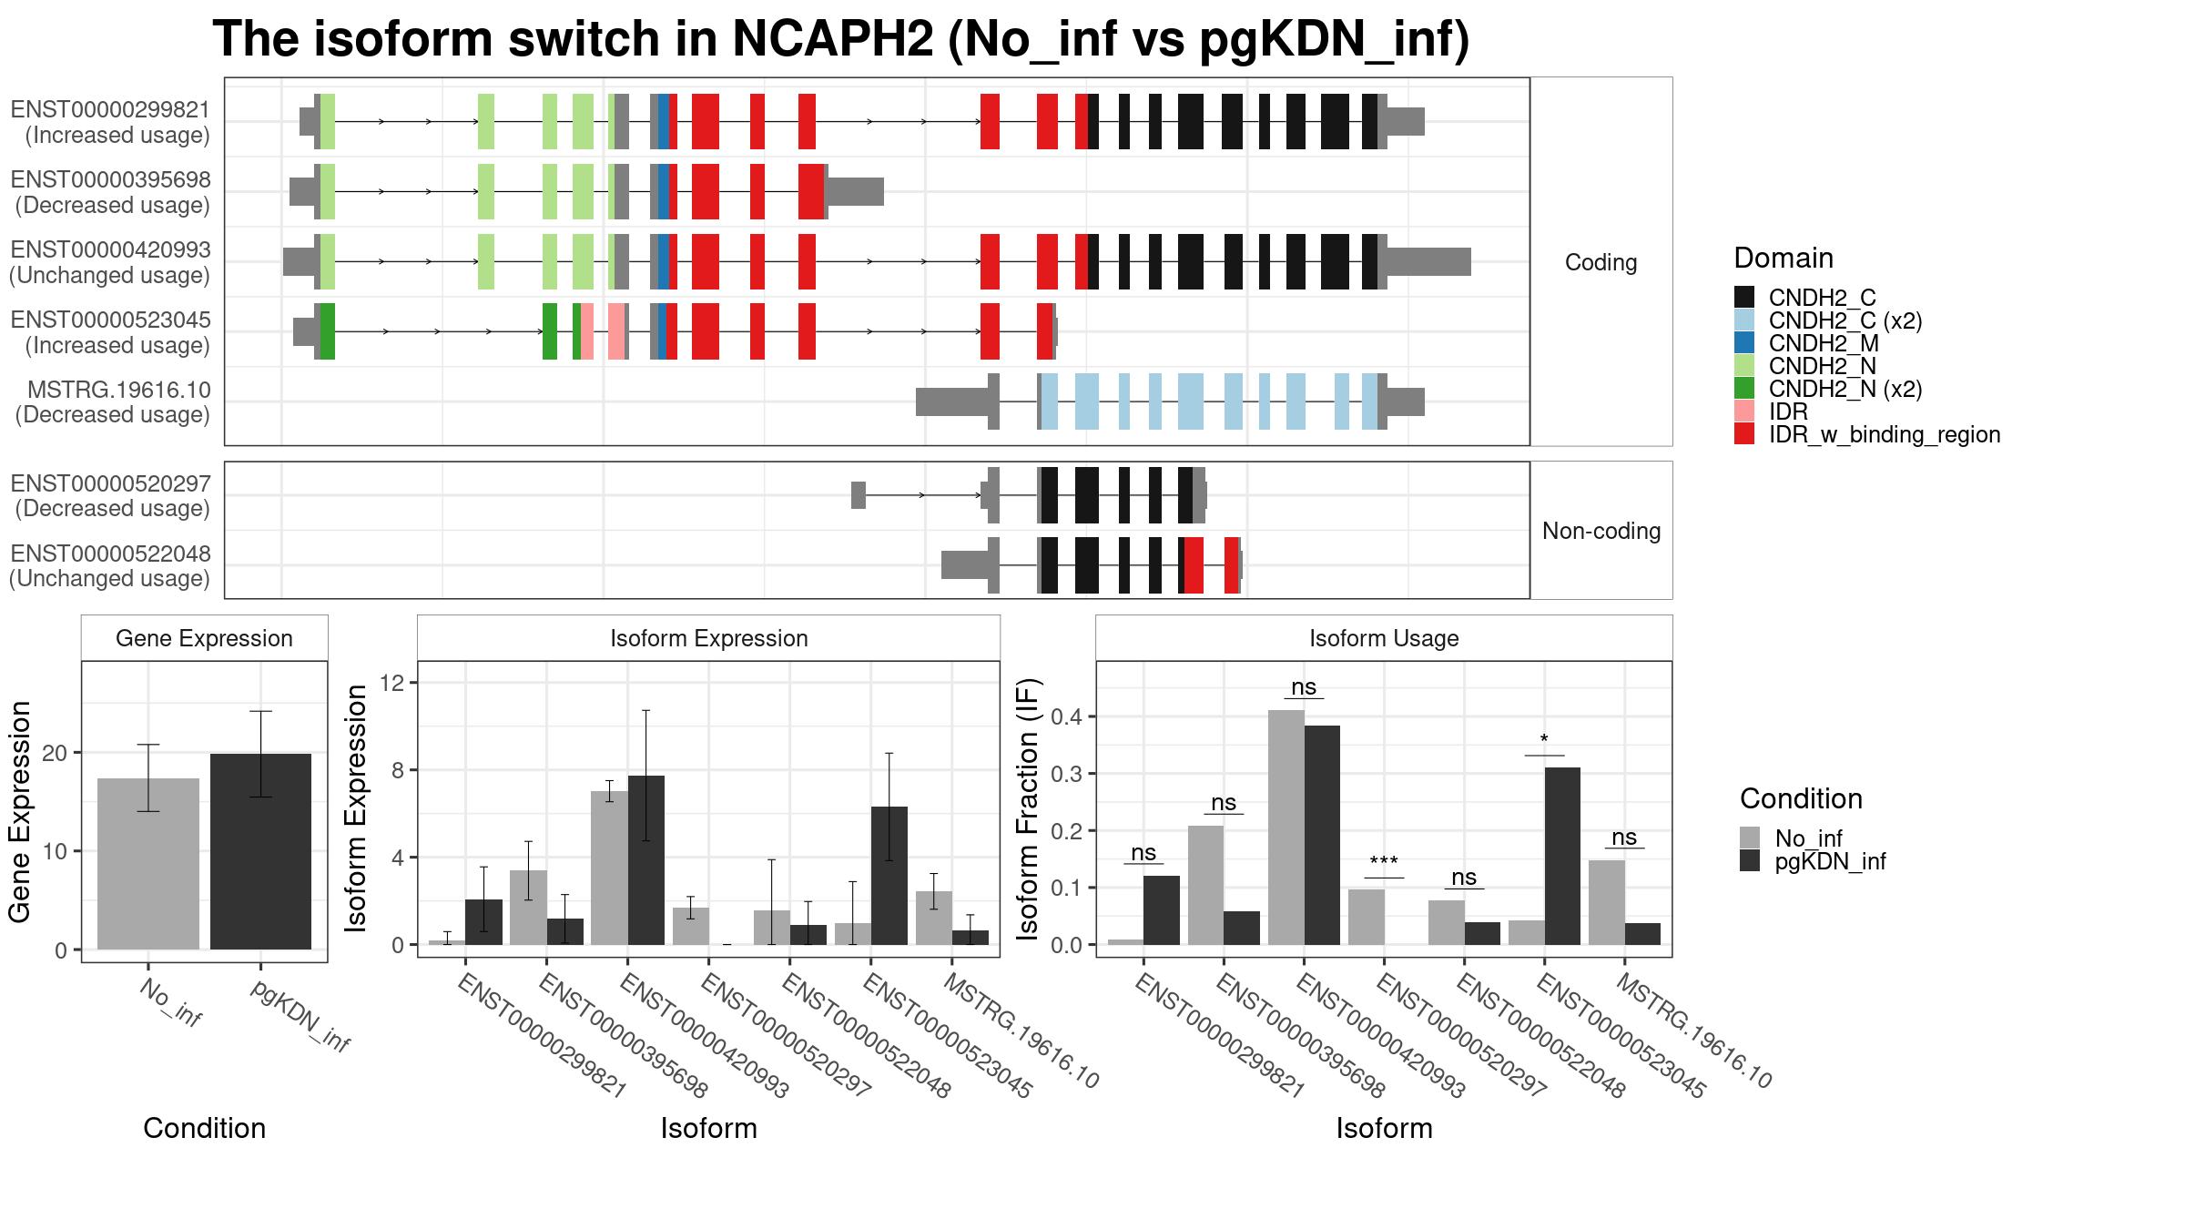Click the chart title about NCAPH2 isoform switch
point(841,39)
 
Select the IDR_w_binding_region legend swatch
point(1744,434)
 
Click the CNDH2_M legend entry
point(1824,343)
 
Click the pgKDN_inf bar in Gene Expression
point(260,851)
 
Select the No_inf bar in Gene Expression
point(147,864)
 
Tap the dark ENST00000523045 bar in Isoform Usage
point(1562,856)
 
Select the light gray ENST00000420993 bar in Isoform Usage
point(1286,828)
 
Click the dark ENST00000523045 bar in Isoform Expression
point(889,876)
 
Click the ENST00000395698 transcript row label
point(111,192)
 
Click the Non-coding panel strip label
point(1601,531)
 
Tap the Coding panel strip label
point(1601,262)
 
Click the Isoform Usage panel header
point(1384,638)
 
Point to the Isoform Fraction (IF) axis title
point(1028,808)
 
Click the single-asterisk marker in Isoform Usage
point(1544,739)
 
